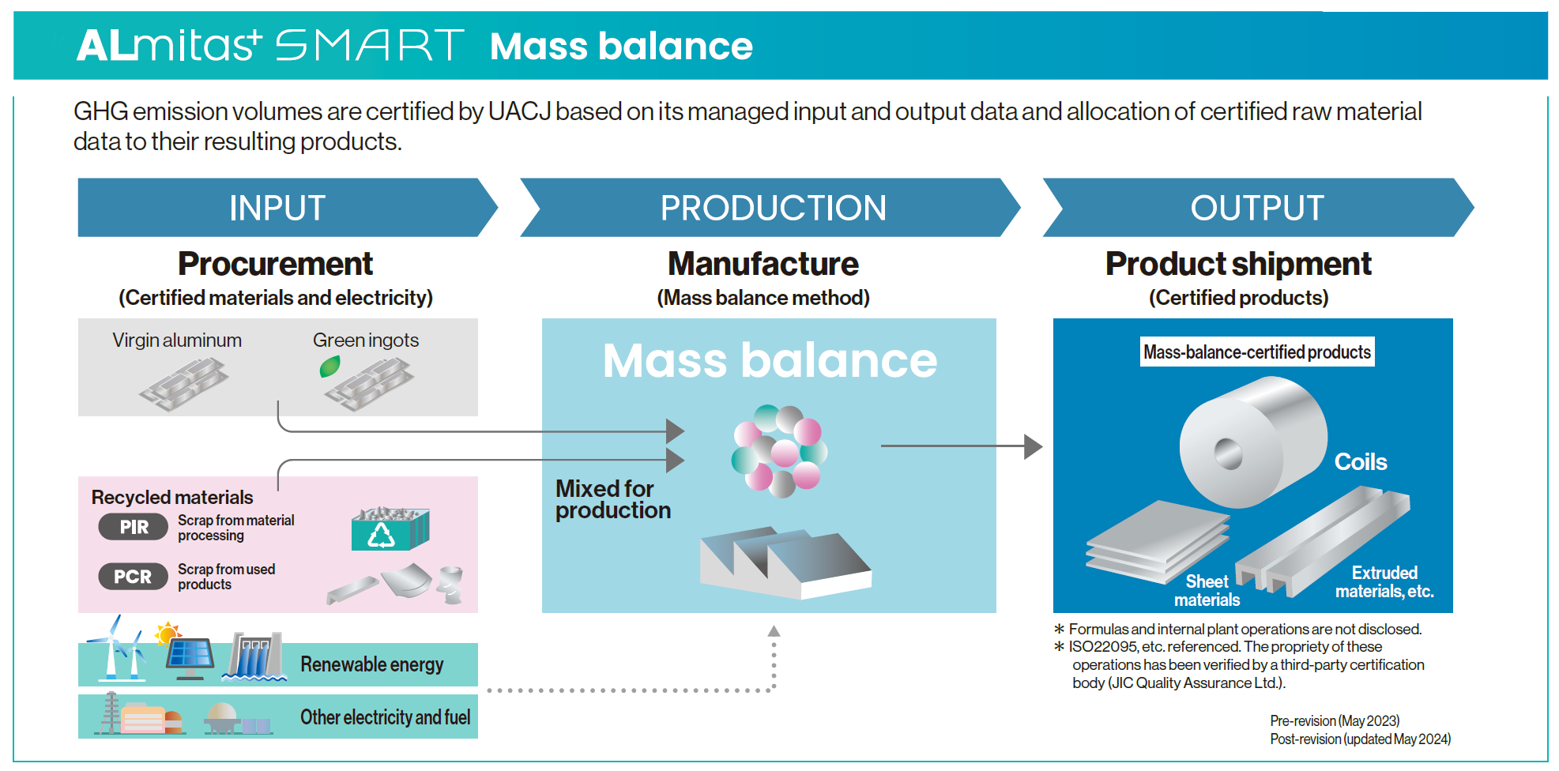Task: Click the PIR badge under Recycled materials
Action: pyautogui.click(x=133, y=527)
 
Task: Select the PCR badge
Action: pyautogui.click(x=133, y=577)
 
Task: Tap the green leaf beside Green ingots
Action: pyautogui.click(x=329, y=367)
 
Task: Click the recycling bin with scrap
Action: pyautogui.click(x=390, y=529)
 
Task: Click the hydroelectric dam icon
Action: pyautogui.click(x=254, y=656)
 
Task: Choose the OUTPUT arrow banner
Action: pyautogui.click(x=1256, y=208)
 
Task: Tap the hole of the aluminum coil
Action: pyautogui.click(x=1228, y=453)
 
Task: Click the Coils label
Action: pyautogui.click(x=1360, y=462)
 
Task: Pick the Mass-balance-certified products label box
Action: pyautogui.click(x=1256, y=352)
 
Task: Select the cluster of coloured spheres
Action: pyautogui.click(x=778, y=450)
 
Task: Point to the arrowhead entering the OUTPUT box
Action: pyautogui.click(x=1032, y=446)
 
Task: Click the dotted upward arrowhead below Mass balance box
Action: pyautogui.click(x=774, y=631)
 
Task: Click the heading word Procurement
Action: pyautogui.click(x=275, y=264)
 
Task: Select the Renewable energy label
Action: pyautogui.click(x=371, y=664)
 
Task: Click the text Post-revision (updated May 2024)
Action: pyautogui.click(x=1360, y=739)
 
